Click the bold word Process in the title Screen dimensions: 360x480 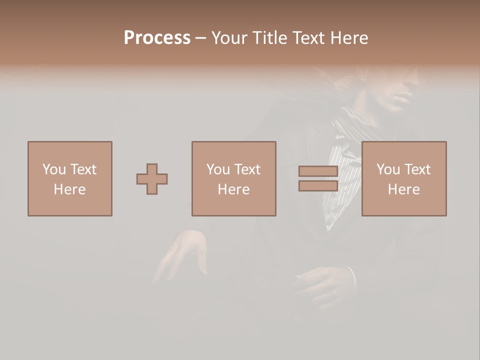point(157,38)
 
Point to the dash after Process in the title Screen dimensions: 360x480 point(200,38)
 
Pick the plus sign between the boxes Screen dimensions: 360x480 point(152,178)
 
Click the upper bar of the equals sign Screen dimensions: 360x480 point(318,171)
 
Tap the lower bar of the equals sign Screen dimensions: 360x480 point(318,186)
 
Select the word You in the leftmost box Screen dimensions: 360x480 point(54,169)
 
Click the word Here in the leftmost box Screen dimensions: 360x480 point(69,189)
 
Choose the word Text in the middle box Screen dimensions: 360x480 point(247,169)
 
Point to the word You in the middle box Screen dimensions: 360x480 point(218,169)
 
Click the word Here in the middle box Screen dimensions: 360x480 point(233,189)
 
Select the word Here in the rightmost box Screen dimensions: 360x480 point(403,189)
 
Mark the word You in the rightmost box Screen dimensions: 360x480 point(388,169)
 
